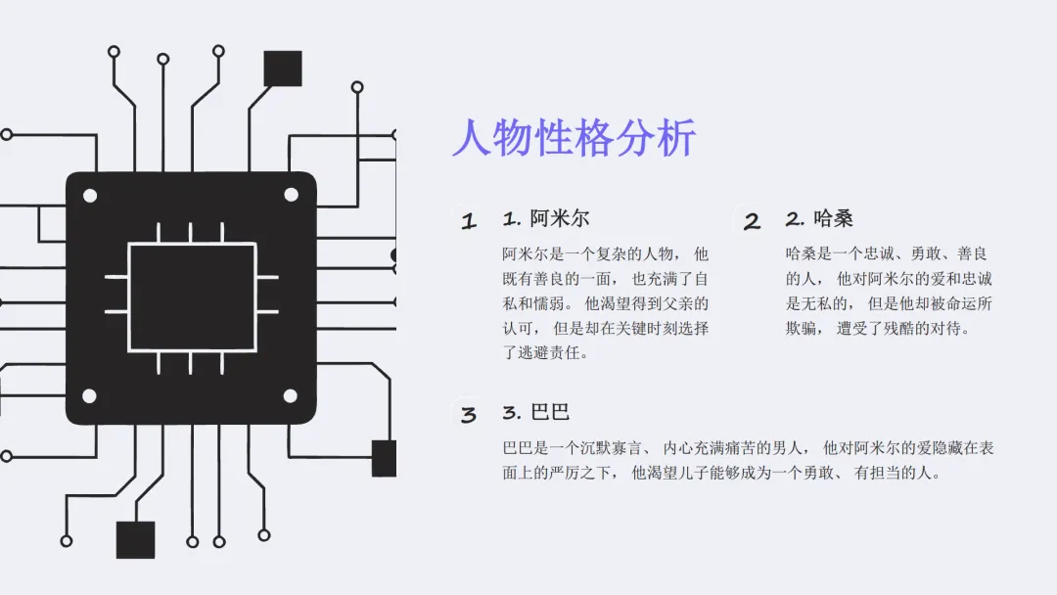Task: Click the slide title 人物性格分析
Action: pos(574,138)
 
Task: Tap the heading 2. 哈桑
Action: pos(818,218)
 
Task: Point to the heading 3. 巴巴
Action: pos(535,412)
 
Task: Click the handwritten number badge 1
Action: pos(469,221)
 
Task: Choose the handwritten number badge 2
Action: pos(752,221)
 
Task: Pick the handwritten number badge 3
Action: pos(469,415)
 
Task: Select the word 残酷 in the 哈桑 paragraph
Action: pos(888,329)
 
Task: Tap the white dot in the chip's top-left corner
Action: pos(90,196)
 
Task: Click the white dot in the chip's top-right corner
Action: pos(291,195)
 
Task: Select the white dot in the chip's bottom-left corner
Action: pos(89,396)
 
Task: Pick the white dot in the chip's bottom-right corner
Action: pos(291,396)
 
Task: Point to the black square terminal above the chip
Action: pos(283,69)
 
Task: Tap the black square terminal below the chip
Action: pos(135,539)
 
